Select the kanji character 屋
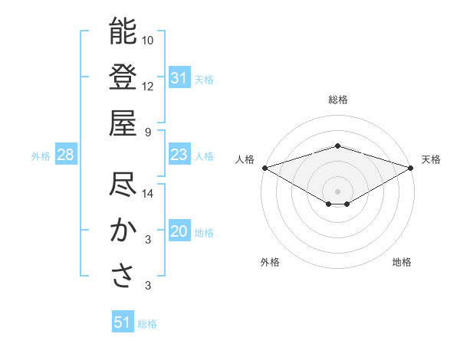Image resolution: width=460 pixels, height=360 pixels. click(123, 123)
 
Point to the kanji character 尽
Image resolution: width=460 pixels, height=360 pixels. click(123, 186)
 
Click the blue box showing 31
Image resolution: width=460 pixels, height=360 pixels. click(179, 78)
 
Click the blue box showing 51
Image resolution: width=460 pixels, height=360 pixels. click(123, 323)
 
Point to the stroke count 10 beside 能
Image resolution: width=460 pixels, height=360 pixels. click(148, 40)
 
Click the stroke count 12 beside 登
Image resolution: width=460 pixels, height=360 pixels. click(148, 86)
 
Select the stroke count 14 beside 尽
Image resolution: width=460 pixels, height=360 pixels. click(148, 195)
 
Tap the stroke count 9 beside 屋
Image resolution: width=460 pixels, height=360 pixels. click(148, 132)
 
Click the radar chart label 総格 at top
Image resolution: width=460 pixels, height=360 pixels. click(337, 100)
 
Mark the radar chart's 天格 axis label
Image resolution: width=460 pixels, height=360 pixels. click(431, 159)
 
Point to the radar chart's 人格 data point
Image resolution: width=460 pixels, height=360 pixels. click(264, 167)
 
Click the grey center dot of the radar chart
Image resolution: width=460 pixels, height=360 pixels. click(337, 191)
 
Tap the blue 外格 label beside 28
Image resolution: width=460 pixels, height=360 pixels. click(41, 156)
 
